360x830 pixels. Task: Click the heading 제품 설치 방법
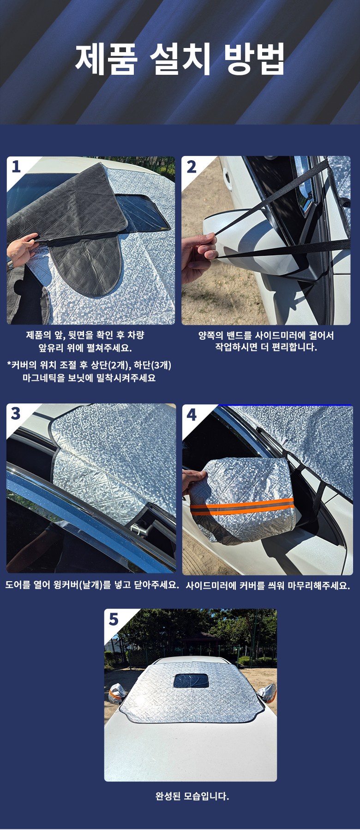click(180, 59)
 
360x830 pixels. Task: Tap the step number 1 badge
click(16, 167)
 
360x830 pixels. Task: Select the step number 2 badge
click(191, 166)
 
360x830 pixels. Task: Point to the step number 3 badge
click(16, 414)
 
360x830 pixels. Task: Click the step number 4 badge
click(191, 414)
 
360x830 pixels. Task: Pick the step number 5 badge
click(114, 619)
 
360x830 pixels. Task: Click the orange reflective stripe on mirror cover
click(242, 509)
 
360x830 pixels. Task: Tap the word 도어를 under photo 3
click(17, 585)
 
